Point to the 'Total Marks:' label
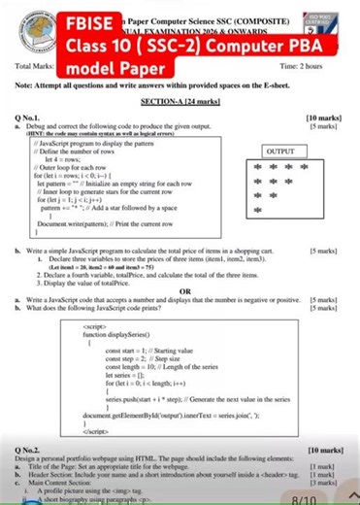tap(36, 66)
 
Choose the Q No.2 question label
tap(29, 452)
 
